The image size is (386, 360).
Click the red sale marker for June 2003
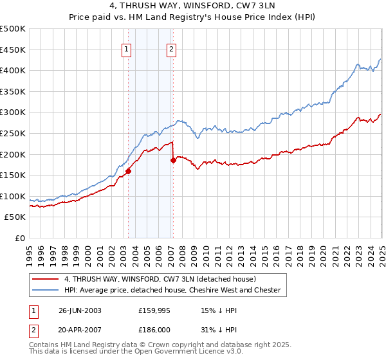[128, 171]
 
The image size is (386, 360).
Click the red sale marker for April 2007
[173, 160]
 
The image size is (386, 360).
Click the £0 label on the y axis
[21, 238]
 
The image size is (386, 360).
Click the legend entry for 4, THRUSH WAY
[160, 279]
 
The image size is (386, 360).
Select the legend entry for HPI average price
[172, 291]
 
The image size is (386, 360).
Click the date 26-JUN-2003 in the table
[80, 310]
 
